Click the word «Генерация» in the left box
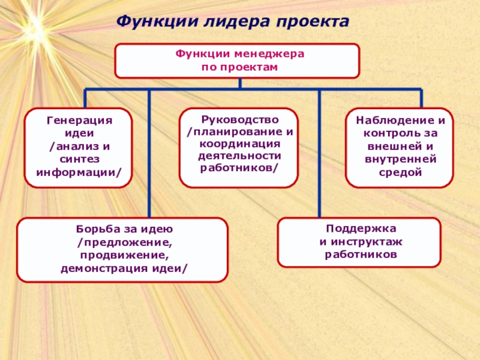tap(80, 121)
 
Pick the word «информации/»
tap(79, 172)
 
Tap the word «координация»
tap(239, 144)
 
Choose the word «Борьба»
tap(96, 229)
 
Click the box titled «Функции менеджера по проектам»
tap(237, 61)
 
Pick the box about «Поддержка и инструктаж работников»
tap(359, 242)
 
